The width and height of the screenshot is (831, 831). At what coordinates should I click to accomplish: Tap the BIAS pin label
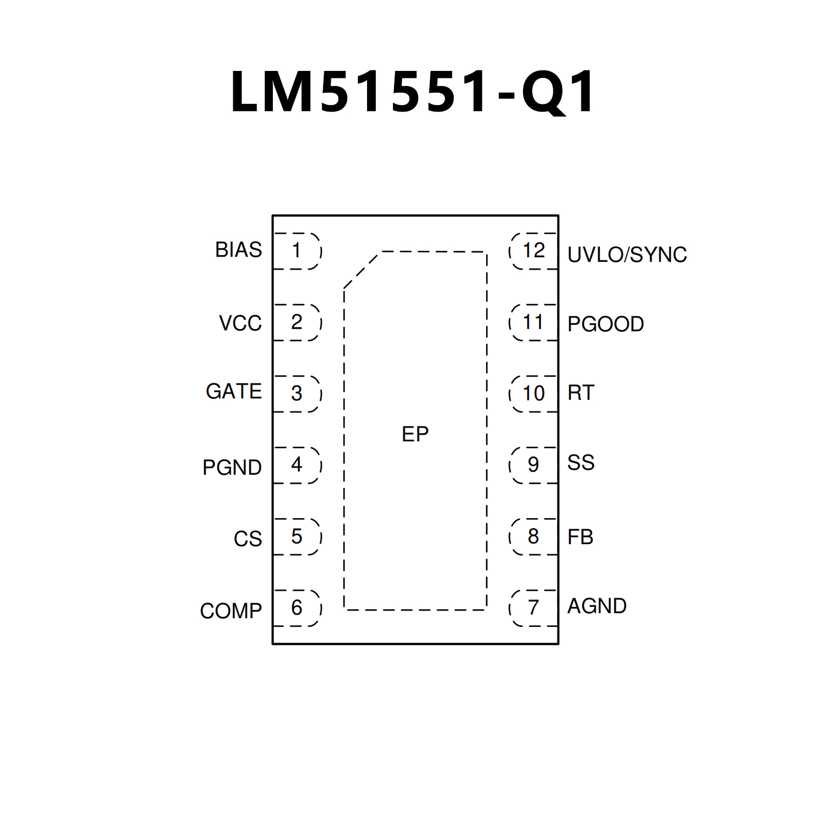pos(238,250)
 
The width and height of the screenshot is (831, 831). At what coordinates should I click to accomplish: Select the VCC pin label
pos(240,323)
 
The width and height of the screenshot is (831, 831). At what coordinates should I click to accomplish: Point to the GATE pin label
pos(234,391)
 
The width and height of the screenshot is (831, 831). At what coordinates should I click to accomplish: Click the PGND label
pos(232,467)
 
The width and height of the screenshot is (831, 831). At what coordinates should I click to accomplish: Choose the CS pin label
pos(248,539)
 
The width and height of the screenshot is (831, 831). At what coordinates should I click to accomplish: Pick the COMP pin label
pos(231,611)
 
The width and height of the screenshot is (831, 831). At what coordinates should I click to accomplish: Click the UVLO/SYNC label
pos(627,254)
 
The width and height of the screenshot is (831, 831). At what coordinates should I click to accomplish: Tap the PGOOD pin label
pos(605,324)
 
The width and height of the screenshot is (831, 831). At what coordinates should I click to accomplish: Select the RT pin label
pos(581,393)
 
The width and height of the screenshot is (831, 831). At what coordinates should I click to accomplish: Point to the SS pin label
pos(581,463)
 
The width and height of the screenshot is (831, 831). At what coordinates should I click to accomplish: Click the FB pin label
pos(580,537)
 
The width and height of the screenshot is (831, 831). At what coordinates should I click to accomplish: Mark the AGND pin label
pos(597,606)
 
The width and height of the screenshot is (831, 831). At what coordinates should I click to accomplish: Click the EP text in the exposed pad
pos(415,434)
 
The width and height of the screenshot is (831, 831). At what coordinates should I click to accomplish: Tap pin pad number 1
pos(297,251)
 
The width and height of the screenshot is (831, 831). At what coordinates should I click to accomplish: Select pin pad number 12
pos(533,251)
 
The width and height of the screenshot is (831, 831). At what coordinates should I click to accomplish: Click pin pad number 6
pos(297,608)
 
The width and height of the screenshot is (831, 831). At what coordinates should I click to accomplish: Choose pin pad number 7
pos(533,608)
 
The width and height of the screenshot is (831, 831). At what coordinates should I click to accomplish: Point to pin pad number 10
pos(533,394)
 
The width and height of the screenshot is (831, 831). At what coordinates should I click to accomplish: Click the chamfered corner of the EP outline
pos(361,271)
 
